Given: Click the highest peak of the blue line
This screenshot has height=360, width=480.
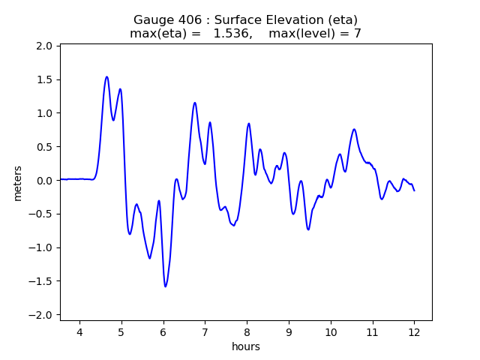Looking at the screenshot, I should click(x=106, y=76).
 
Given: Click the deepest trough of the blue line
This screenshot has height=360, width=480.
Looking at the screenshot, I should click(x=165, y=286).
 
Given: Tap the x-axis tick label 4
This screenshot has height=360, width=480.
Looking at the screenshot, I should click(x=79, y=333).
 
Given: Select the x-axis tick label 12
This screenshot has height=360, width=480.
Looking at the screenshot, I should click(x=414, y=333).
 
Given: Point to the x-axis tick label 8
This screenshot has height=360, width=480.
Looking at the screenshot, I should click(x=247, y=333).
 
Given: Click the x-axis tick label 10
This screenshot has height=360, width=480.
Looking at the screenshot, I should click(x=330, y=333).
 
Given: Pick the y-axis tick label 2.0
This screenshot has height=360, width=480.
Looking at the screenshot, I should click(x=44, y=46).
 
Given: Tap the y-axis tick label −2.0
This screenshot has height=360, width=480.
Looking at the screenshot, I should click(x=41, y=315).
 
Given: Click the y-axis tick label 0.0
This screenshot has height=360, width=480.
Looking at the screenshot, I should click(x=44, y=180).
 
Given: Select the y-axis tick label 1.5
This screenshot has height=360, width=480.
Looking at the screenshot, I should click(x=44, y=79).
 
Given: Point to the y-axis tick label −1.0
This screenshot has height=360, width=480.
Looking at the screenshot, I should click(x=41, y=247).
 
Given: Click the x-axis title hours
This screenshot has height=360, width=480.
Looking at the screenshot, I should click(x=246, y=346).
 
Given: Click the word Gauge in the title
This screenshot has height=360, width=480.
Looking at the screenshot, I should click(x=152, y=19).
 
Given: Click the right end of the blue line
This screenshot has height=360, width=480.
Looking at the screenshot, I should click(x=414, y=190).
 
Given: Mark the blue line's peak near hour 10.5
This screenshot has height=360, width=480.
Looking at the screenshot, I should click(x=354, y=129).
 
